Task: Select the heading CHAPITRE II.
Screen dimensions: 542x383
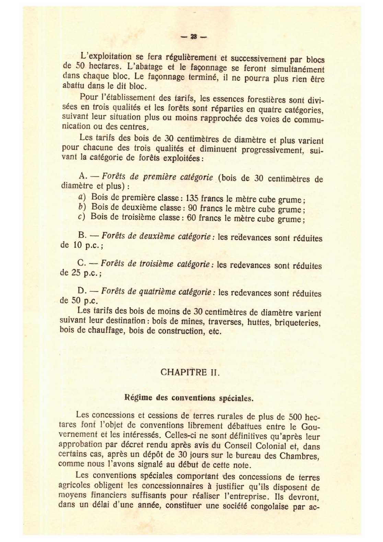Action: tap(190, 372)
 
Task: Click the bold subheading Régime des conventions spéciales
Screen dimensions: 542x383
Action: tap(189, 398)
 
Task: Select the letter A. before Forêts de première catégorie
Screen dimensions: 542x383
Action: tap(82, 176)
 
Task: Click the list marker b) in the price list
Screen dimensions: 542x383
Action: tap(82, 207)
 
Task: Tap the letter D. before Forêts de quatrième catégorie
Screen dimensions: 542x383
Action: tap(82, 291)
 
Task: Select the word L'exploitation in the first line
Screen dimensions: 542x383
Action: tap(106, 56)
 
